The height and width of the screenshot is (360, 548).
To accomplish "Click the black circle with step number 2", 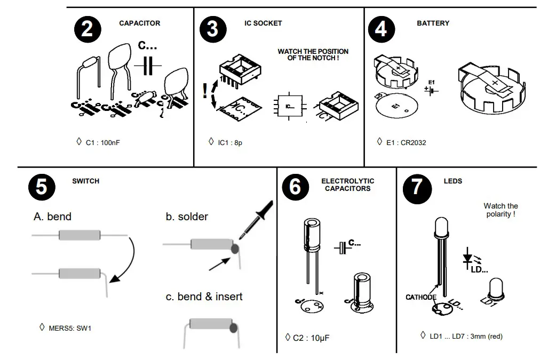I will pos(86,29).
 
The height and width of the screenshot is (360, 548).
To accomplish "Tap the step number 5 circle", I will pos(41,187).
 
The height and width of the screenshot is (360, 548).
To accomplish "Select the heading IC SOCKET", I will pos(263,23).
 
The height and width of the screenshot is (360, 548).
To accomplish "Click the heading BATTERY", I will pos(433,23).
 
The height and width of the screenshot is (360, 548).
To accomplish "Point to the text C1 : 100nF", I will pos(99,143).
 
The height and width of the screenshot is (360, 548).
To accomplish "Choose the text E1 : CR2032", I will pos(406,143).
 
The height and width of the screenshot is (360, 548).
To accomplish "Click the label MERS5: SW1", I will pos(70,328).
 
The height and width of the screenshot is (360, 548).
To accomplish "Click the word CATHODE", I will pos(421,298).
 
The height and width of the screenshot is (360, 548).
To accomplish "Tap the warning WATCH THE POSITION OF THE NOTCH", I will pos(313,54).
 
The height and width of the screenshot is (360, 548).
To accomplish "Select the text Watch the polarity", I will pos(501,210).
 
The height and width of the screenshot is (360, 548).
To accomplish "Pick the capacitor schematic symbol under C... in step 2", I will pos(148,66).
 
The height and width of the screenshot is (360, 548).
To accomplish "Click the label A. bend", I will pos(52,217).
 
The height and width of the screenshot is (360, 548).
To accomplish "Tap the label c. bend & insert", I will pos(204,297).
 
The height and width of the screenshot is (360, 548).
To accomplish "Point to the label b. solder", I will pos(187,217).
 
